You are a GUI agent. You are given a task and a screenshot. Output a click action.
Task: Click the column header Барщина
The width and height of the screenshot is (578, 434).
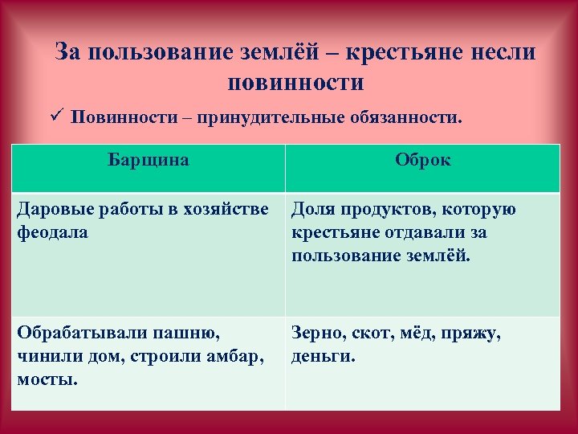149,160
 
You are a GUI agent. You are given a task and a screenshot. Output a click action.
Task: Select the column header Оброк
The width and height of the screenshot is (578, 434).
423,160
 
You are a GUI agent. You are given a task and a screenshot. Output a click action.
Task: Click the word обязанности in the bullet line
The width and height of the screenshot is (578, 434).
406,118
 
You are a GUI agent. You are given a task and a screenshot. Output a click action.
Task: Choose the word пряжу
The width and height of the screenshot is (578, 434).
474,331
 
